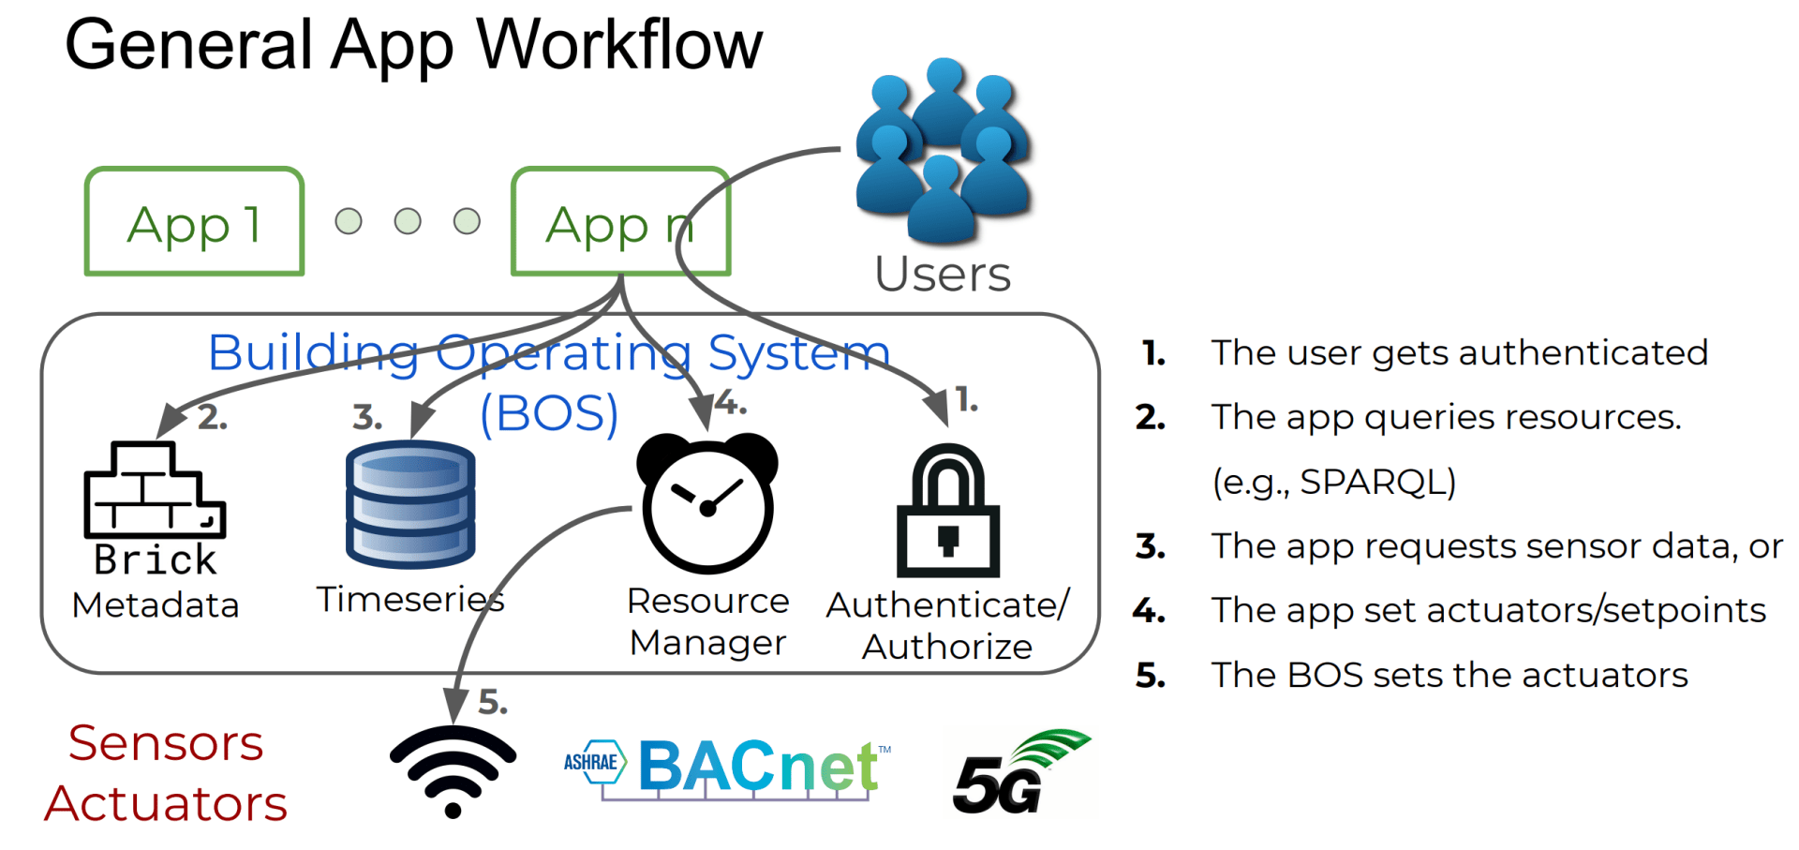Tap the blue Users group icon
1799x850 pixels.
pos(944,150)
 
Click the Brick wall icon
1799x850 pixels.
pos(155,489)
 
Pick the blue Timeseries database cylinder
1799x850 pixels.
pos(410,504)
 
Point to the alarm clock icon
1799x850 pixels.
pos(707,502)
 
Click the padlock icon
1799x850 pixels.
pos(948,511)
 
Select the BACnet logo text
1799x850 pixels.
pos(759,767)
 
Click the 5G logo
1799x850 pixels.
pos(1021,772)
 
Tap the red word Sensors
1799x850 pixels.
pos(166,743)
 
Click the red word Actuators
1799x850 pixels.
pos(166,803)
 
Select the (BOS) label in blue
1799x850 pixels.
pos(549,413)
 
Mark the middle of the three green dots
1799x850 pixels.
pos(408,221)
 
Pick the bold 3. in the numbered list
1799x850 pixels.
pos(1151,546)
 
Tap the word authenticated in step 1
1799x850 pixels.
pos(1583,353)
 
